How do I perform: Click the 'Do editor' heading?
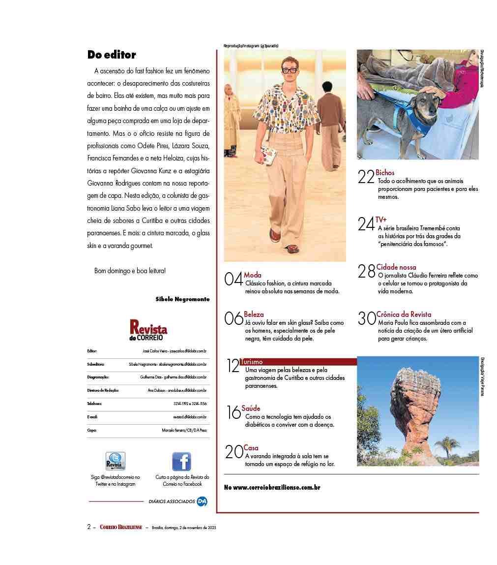point(112,55)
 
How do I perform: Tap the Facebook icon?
point(181,462)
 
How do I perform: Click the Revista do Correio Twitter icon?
point(115,462)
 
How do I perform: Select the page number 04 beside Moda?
point(233,280)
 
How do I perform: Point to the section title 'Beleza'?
point(254,314)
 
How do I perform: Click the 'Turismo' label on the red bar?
point(252,362)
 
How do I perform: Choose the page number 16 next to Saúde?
point(234,412)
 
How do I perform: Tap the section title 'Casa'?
point(251,448)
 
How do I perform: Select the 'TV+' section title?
point(381,220)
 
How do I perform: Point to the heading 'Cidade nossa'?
point(396,267)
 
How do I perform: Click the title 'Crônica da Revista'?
point(404,314)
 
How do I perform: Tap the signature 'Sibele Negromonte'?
point(182,299)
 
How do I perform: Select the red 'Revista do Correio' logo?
point(148,330)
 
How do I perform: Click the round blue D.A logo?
point(202,502)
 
